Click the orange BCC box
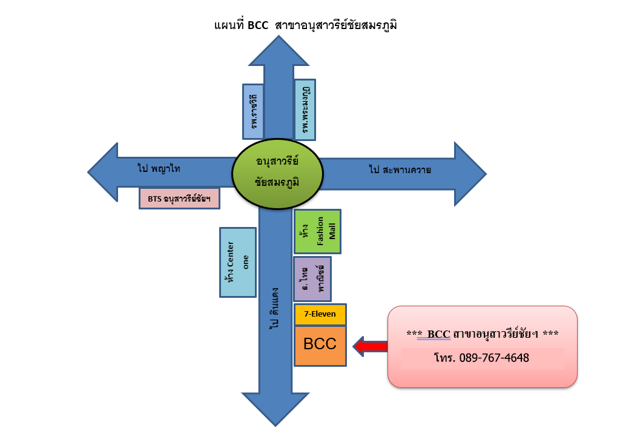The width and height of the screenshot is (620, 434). pyautogui.click(x=320, y=346)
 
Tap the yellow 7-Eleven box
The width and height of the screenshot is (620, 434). pyautogui.click(x=320, y=314)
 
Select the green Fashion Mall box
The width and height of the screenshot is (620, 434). pyautogui.click(x=317, y=231)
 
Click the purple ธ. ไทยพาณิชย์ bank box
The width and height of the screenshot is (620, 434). pyautogui.click(x=312, y=278)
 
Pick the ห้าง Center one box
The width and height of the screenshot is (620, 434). pyautogui.click(x=237, y=262)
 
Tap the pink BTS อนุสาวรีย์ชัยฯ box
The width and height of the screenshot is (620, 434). pyautogui.click(x=179, y=199)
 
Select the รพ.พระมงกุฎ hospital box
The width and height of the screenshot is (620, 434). pyautogui.click(x=305, y=110)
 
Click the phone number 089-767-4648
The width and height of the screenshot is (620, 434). pyautogui.click(x=482, y=358)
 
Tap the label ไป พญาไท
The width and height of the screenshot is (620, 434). pyautogui.click(x=159, y=168)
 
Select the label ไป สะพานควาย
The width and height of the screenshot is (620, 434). pyautogui.click(x=400, y=169)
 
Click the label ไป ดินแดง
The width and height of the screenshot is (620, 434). pyautogui.click(x=275, y=309)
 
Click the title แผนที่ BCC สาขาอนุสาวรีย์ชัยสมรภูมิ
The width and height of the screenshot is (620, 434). pyautogui.click(x=309, y=25)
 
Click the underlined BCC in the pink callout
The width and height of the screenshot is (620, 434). pyautogui.click(x=438, y=334)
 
